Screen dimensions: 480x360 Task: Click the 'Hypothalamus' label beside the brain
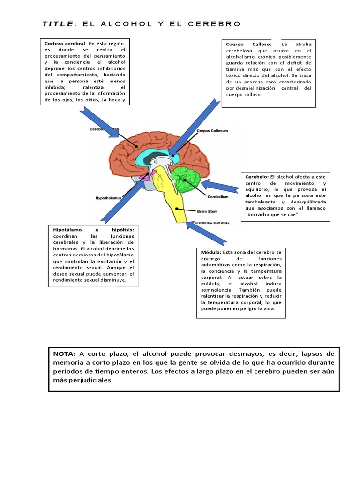coord(108,198)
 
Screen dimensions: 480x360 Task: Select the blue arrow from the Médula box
coord(206,233)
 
